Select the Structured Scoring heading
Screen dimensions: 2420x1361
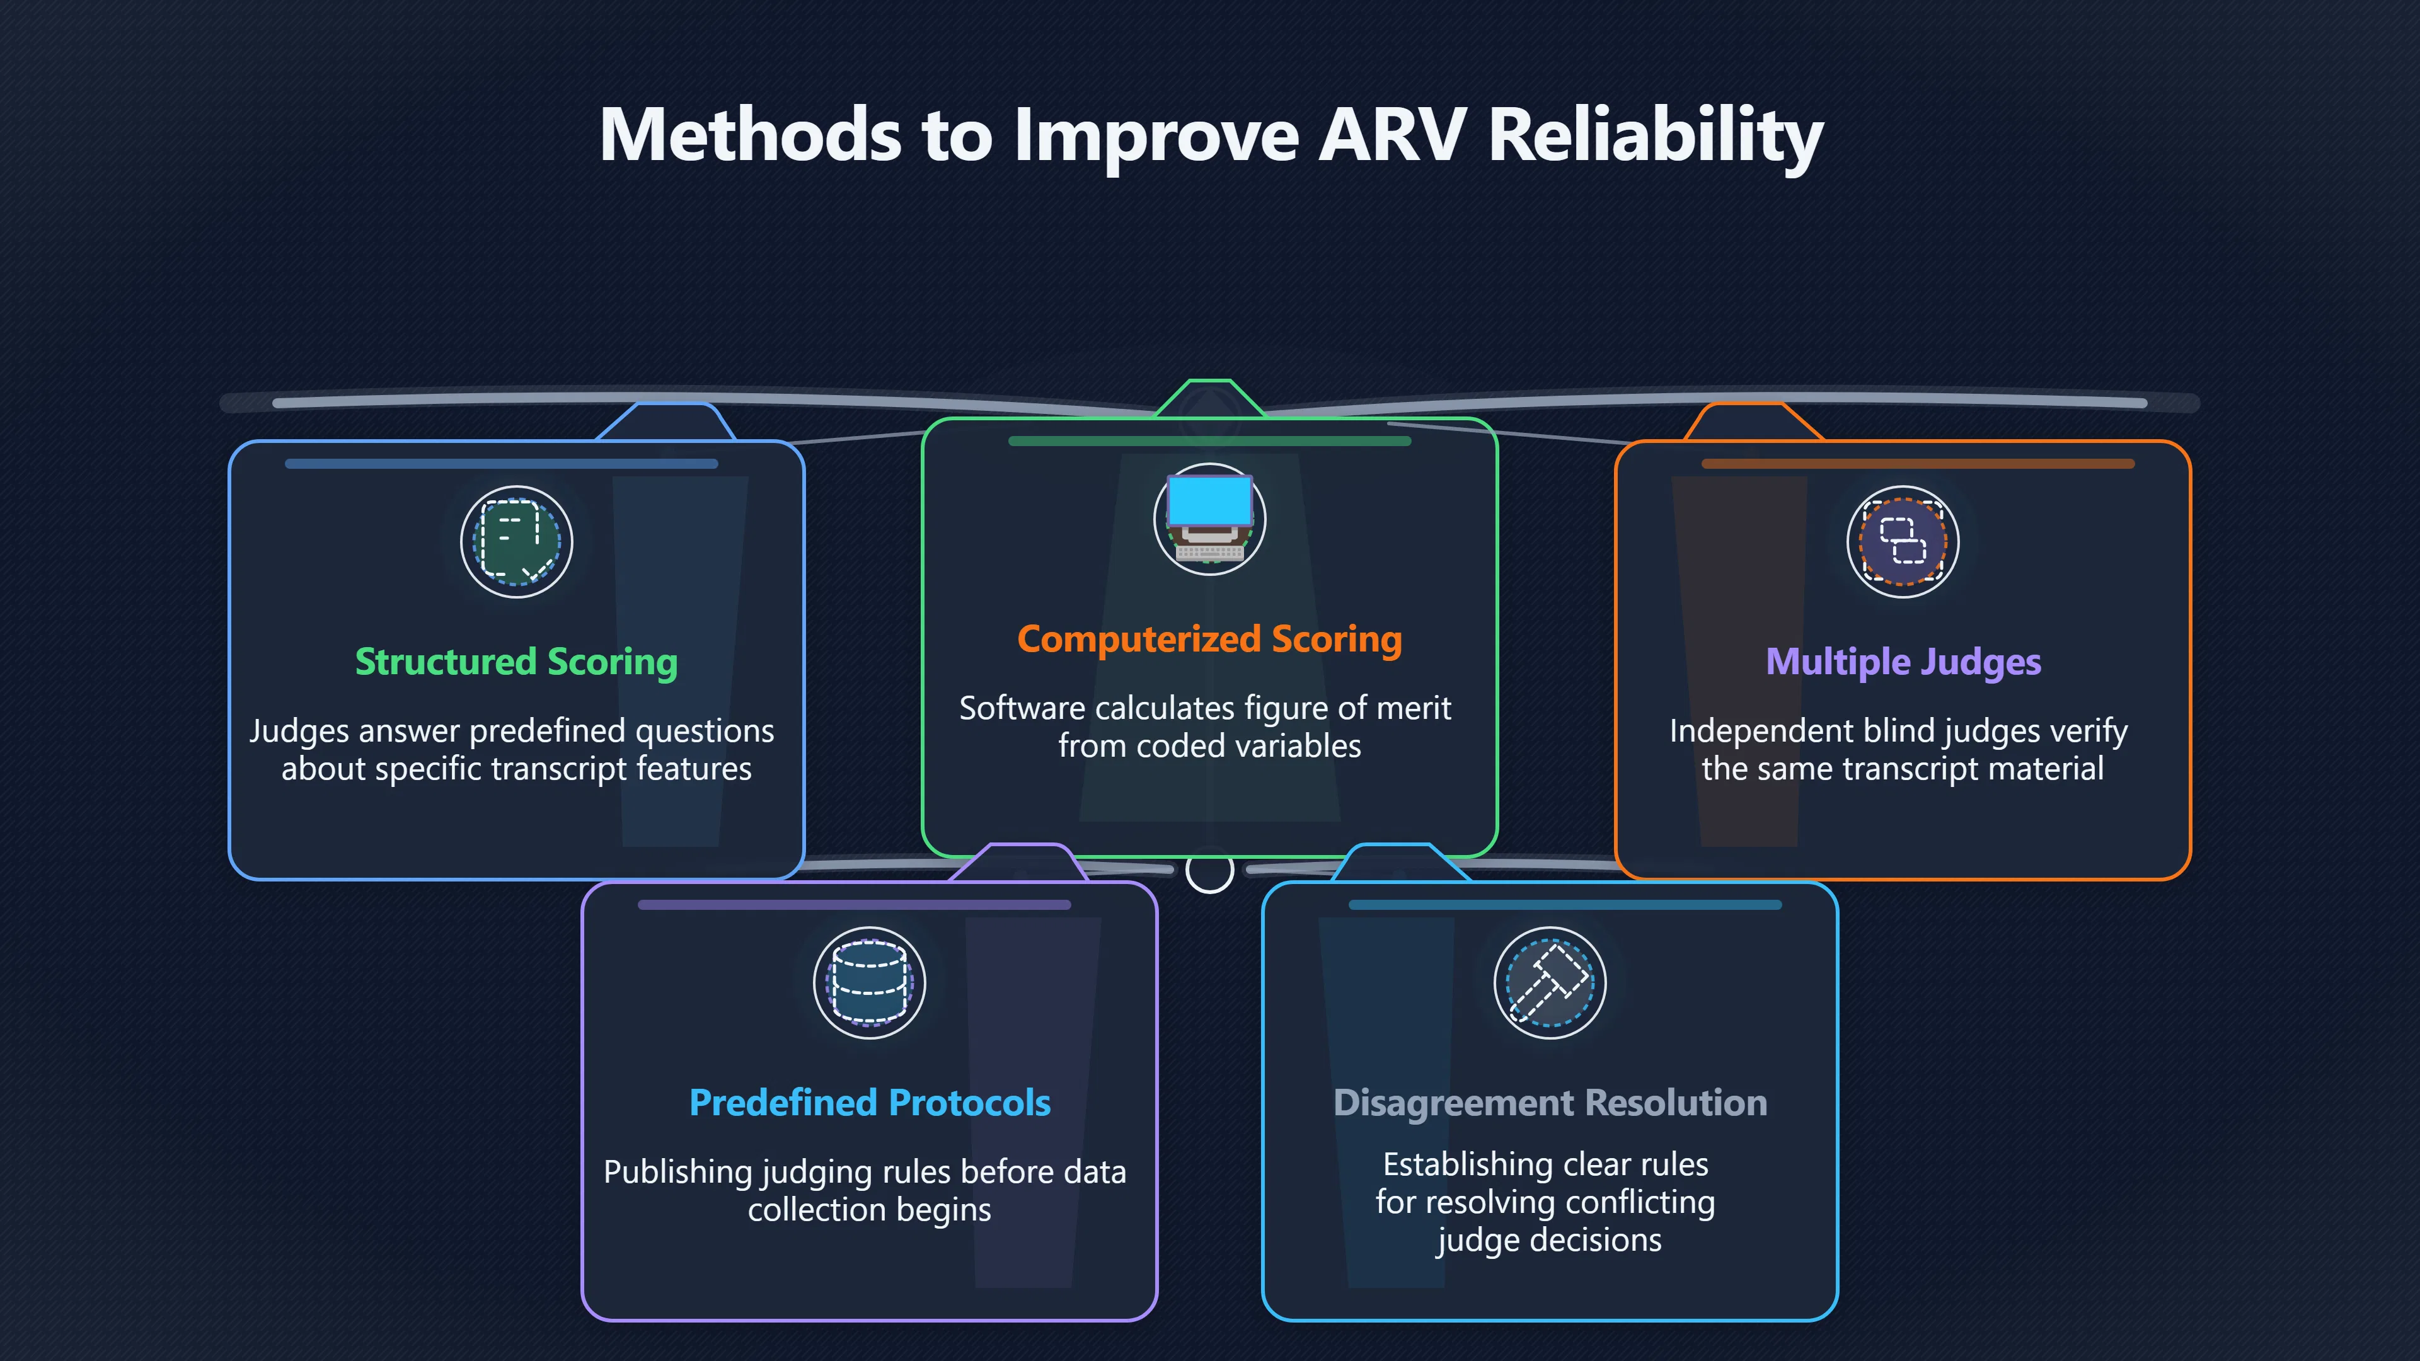point(516,662)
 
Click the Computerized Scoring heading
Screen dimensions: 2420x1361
point(1209,640)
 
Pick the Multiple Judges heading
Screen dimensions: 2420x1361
point(1903,662)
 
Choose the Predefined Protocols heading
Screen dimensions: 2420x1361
point(870,1103)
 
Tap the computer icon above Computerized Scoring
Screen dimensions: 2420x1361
point(1209,519)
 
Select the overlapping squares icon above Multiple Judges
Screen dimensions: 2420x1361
point(1903,542)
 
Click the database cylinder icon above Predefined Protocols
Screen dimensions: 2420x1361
point(870,982)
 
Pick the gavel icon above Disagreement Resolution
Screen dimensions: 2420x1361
point(1550,982)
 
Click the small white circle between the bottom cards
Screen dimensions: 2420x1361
point(1210,871)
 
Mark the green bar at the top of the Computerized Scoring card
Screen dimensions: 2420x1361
point(1209,440)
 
